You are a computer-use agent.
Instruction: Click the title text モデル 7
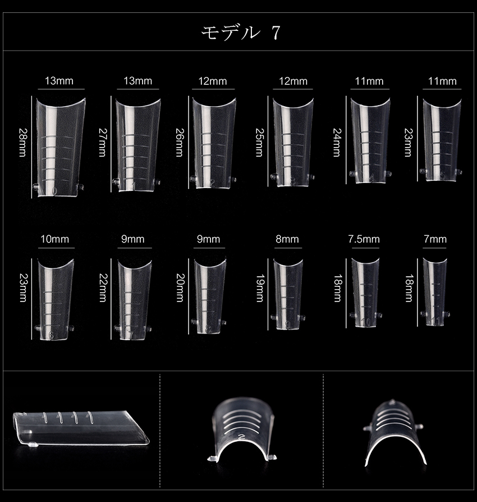(x=241, y=33)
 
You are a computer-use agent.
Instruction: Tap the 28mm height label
(x=22, y=143)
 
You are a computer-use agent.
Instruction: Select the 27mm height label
(x=102, y=143)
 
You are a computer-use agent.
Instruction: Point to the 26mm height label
(x=180, y=143)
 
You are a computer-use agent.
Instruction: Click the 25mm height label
(x=259, y=143)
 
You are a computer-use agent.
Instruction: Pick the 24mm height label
(x=337, y=143)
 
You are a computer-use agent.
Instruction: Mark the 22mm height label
(x=102, y=287)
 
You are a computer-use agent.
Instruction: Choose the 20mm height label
(x=180, y=287)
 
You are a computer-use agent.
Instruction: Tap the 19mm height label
(x=259, y=287)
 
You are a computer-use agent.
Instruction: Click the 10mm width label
(x=54, y=239)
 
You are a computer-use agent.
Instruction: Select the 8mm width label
(x=287, y=239)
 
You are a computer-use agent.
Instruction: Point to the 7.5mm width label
(x=364, y=239)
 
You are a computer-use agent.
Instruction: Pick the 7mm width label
(x=435, y=239)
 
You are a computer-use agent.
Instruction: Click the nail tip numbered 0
(x=59, y=147)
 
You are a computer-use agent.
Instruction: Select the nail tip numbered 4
(x=370, y=140)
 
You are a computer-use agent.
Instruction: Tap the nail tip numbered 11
(x=435, y=291)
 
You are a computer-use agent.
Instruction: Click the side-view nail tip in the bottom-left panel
(x=81, y=428)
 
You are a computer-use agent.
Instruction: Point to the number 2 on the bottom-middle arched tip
(x=241, y=437)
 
